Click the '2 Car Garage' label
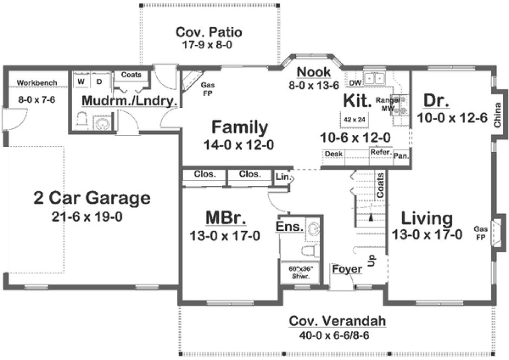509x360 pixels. tap(92, 198)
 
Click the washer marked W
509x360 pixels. tap(81, 81)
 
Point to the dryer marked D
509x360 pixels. tap(99, 81)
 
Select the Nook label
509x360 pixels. tap(314, 72)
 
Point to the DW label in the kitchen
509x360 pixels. tap(355, 82)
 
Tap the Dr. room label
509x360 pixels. tap(435, 101)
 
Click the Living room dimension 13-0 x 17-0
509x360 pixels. tap(427, 235)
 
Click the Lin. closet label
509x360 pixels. tap(282, 177)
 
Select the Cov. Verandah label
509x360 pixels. tap(337, 322)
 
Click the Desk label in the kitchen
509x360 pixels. tap(333, 154)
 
